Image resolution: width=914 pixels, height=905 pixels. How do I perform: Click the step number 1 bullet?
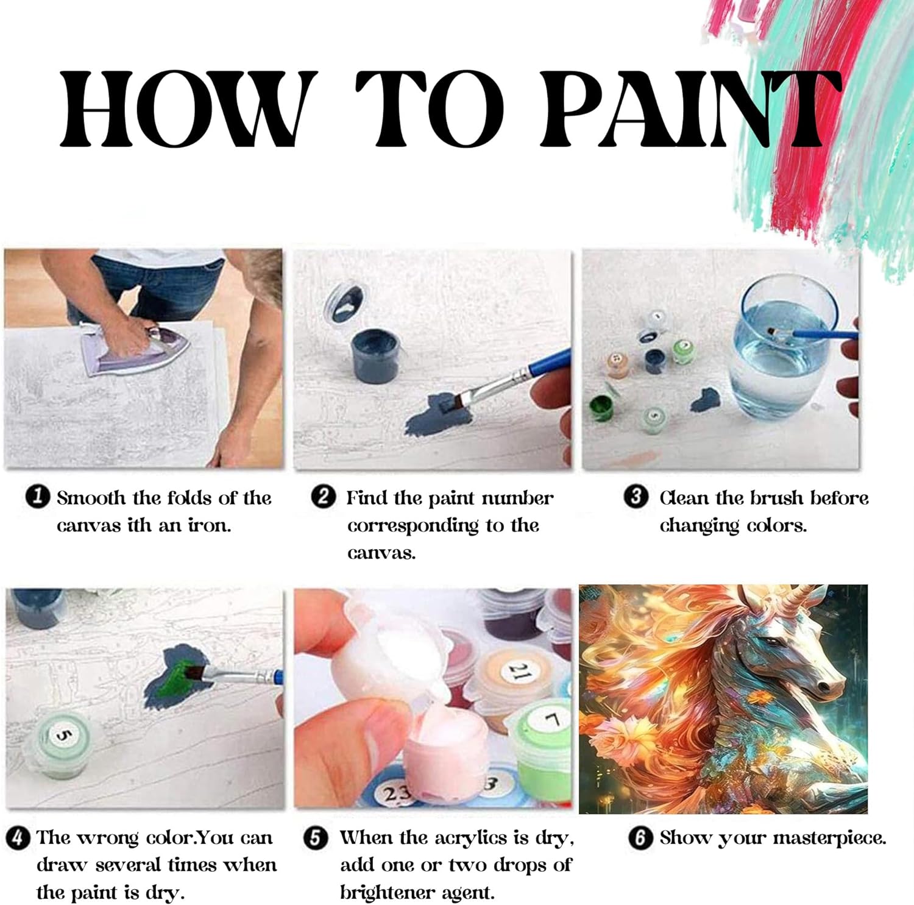[x=38, y=497]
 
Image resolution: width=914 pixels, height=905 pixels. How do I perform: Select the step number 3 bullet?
[x=636, y=497]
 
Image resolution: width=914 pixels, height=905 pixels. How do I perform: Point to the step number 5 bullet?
[x=315, y=838]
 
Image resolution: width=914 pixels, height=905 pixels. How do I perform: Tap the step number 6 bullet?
[x=640, y=838]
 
